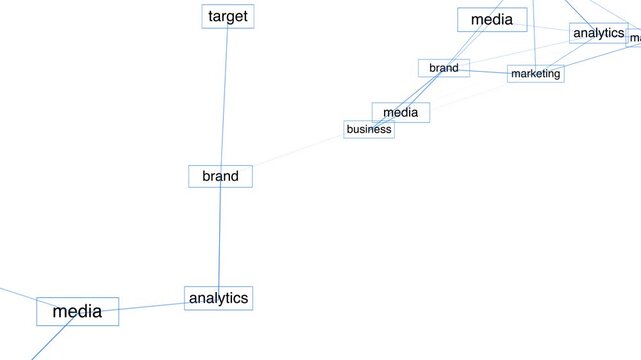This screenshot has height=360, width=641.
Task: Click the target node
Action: pyautogui.click(x=227, y=16)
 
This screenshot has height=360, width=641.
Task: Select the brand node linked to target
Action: pyautogui.click(x=220, y=176)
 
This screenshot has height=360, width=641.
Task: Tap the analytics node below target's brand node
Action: pyautogui.click(x=218, y=298)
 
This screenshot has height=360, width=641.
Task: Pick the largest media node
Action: pyautogui.click(x=77, y=311)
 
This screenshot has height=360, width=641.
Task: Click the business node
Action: pyautogui.click(x=368, y=129)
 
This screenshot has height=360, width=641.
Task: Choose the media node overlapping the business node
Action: pyautogui.click(x=400, y=112)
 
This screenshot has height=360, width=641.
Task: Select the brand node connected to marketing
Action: pyautogui.click(x=443, y=68)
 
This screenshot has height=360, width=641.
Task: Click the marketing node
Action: pyautogui.click(x=535, y=73)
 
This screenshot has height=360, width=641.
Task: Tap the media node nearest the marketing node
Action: pyautogui.click(x=491, y=19)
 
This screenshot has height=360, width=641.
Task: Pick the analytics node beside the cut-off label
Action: pyautogui.click(x=599, y=33)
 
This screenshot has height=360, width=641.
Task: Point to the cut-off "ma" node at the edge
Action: pyautogui.click(x=635, y=38)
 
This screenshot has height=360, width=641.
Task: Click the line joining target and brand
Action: pyautogui.click(x=224, y=95)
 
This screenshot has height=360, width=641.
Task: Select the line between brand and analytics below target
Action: pyautogui.click(x=219, y=237)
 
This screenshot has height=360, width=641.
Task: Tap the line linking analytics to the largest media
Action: pyautogui.click(x=151, y=305)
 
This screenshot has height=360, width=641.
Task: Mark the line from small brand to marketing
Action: pyautogui.click(x=488, y=71)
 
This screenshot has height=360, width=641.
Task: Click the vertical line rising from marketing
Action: pyautogui.click(x=533, y=35)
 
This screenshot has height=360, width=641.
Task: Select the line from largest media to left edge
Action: pyautogui.click(x=17, y=295)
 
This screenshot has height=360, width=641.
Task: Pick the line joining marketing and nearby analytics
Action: pyautogui.click(x=567, y=54)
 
